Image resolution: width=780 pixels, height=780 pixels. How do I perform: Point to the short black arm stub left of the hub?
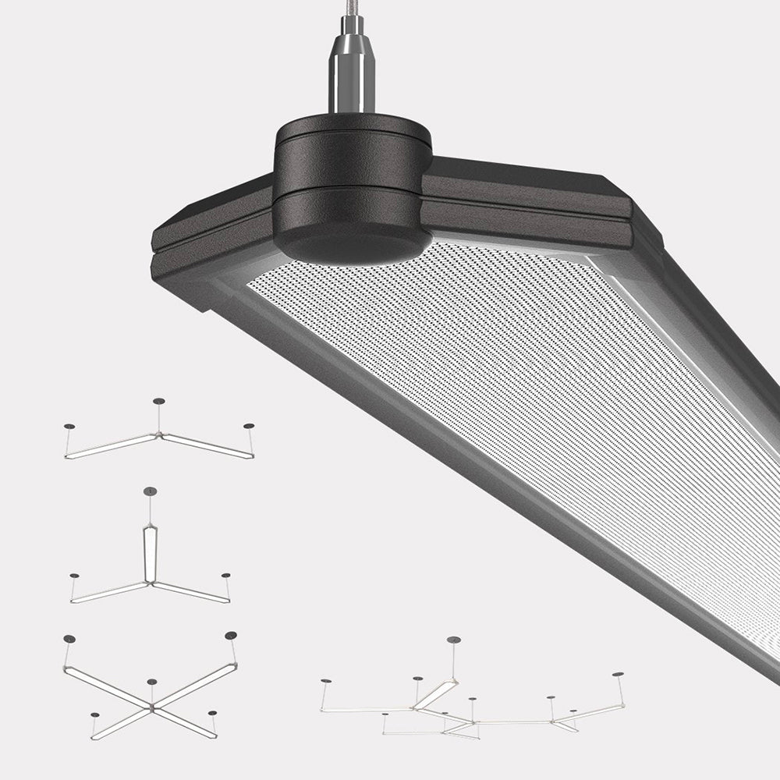pos(211,234)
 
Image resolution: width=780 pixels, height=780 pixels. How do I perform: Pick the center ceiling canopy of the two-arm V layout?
pos(158,401)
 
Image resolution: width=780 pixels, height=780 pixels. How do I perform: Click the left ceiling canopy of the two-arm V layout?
pos(69,427)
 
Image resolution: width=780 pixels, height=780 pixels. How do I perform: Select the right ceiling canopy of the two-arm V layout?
pos(248,426)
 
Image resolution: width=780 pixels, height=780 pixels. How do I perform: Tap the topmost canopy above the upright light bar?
pos(150,491)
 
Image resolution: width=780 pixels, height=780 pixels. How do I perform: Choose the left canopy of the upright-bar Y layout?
pos(74,576)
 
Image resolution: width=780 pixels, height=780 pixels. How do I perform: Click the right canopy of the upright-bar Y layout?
pos(225,576)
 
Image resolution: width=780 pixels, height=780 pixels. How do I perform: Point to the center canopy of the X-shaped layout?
pos(151,682)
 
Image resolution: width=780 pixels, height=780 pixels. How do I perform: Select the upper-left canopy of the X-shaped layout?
pos(69,640)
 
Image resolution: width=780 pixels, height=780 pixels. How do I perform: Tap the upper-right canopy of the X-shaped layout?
pos(231,636)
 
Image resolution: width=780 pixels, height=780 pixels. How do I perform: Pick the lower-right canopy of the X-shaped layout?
pos(211,713)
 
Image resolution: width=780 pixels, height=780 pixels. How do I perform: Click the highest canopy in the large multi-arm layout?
pos(453,640)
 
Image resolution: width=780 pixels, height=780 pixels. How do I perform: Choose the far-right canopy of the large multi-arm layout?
pos(618,674)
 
